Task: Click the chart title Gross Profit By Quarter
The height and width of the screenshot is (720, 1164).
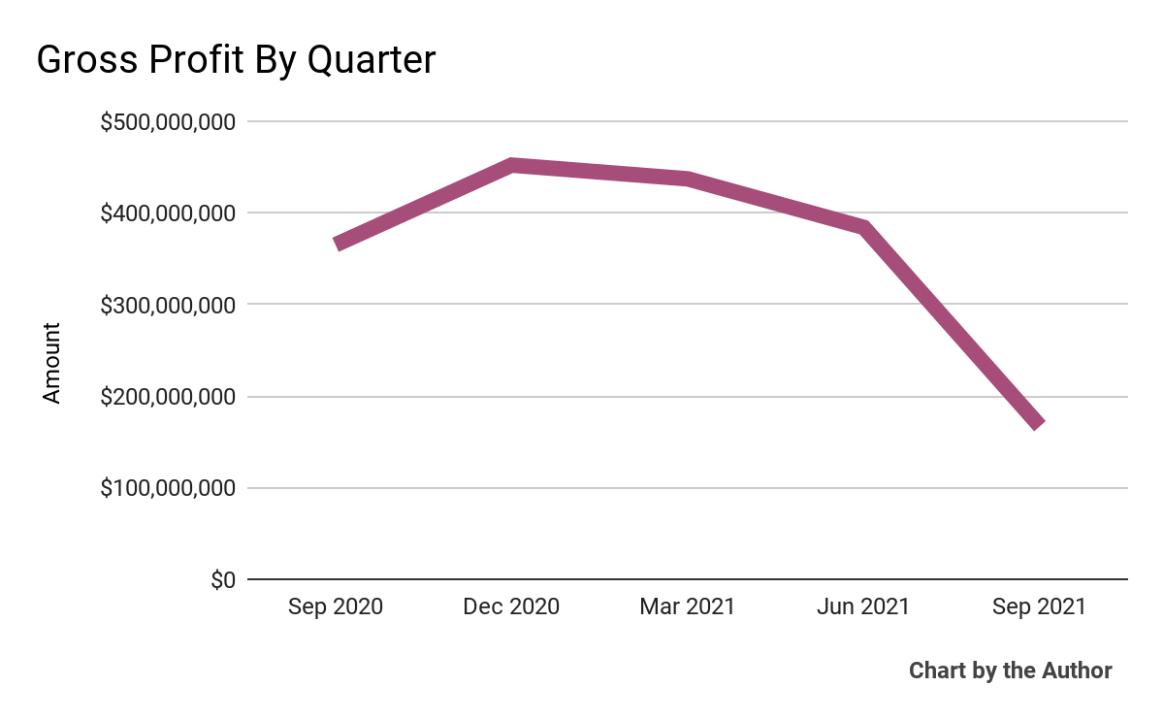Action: click(236, 60)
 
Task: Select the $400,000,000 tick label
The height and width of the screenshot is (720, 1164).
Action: click(168, 213)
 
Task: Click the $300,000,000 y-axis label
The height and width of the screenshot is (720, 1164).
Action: click(168, 305)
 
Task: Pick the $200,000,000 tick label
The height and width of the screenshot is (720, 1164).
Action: click(168, 397)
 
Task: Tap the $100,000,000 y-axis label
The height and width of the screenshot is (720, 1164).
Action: click(168, 488)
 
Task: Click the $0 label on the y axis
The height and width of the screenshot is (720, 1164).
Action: click(222, 580)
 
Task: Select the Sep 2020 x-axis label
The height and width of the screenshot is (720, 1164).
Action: click(336, 607)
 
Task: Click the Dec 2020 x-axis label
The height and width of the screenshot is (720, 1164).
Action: click(511, 607)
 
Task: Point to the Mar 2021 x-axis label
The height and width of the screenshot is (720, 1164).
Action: click(687, 607)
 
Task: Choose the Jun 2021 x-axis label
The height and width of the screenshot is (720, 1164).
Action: click(862, 607)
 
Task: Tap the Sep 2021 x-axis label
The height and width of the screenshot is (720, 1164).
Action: click(1038, 607)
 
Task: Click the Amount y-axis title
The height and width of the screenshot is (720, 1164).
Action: click(51, 363)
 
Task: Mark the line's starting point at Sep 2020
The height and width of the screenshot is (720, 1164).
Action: click(337, 245)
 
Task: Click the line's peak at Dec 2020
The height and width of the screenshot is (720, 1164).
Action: click(512, 166)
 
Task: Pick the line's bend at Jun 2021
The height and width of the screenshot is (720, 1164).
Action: click(862, 227)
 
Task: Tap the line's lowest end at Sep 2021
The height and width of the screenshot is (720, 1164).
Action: click(1039, 424)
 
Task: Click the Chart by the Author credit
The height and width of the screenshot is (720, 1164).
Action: click(1010, 671)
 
